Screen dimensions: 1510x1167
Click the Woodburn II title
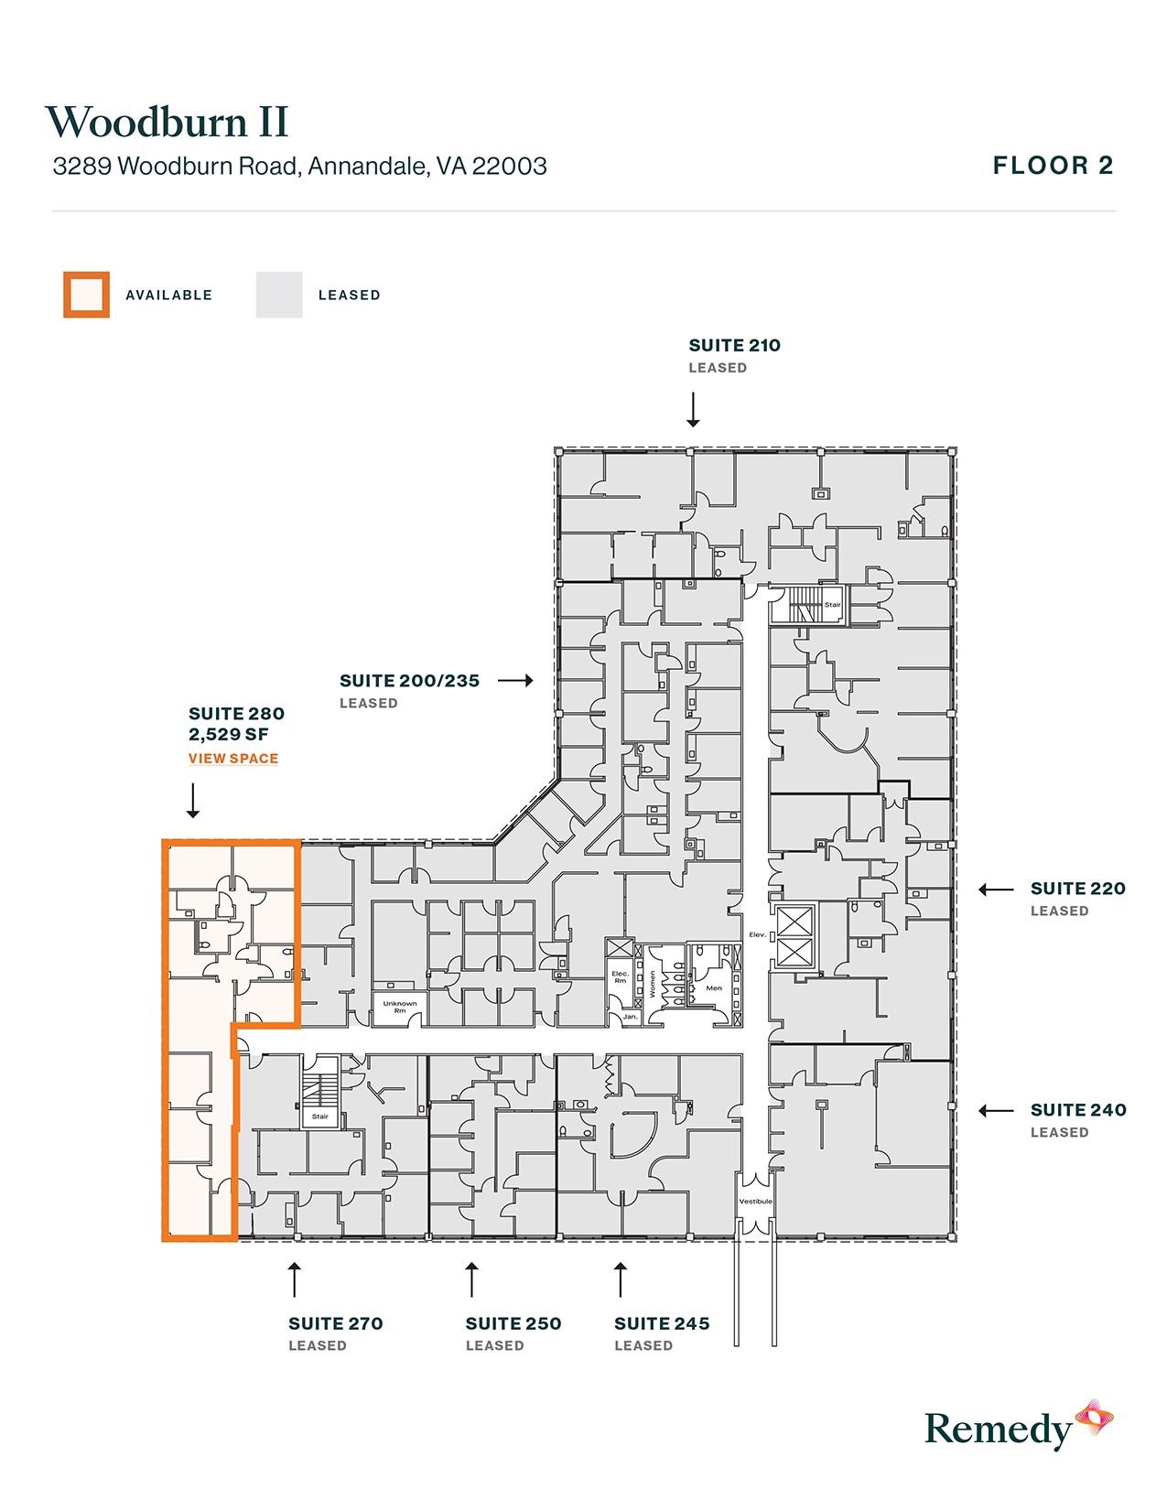pos(167,123)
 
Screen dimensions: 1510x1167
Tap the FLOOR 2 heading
pos(1053,166)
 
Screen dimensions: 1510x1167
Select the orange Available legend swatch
pos(86,295)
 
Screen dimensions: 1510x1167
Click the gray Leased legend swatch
pos(279,295)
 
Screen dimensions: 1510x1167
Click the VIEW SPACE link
pos(233,759)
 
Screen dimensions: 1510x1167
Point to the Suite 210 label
pos(734,346)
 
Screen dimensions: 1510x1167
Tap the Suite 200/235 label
pos(409,681)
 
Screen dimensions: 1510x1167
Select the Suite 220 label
pos(1077,889)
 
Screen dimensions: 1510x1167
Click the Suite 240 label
pos(1077,1110)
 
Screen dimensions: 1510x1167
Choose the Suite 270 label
pos(335,1323)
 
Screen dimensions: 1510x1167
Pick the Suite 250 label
pos(513,1323)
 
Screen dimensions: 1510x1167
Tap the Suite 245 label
pos(662,1323)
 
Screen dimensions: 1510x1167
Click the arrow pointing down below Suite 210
pos(693,410)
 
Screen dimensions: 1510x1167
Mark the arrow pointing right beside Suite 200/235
pos(515,681)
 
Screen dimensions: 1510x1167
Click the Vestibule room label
pos(756,1201)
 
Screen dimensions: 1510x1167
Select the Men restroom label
pos(714,988)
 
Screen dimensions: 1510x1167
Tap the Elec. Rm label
pos(620,977)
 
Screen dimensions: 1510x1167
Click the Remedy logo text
pos(998,1429)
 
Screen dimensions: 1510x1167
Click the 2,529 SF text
pos(229,734)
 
